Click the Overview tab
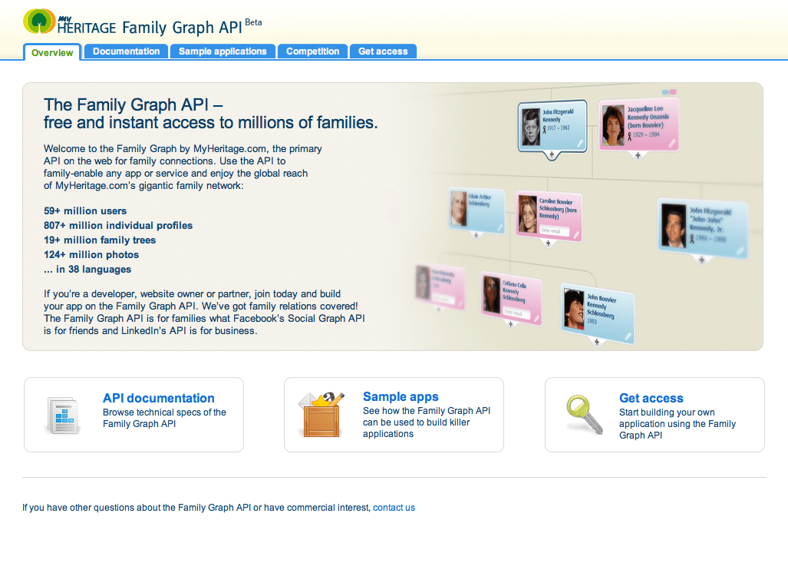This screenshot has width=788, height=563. (52, 52)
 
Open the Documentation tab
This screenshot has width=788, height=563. (126, 51)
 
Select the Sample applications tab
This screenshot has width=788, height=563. (223, 51)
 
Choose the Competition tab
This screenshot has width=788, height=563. (312, 51)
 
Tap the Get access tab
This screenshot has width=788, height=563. (383, 51)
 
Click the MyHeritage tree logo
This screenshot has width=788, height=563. (39, 22)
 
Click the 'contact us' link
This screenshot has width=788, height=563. (394, 508)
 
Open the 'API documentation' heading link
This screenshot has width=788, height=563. (159, 398)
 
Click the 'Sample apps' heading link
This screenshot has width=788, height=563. (401, 396)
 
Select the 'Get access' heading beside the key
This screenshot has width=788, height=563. (651, 398)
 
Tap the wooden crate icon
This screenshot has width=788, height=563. (321, 415)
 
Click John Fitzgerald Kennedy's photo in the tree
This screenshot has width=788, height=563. (531, 126)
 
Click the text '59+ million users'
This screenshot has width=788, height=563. (85, 210)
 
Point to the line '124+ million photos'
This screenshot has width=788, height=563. (91, 254)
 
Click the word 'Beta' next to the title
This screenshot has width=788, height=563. (253, 22)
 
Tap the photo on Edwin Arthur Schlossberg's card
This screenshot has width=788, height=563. (458, 208)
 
